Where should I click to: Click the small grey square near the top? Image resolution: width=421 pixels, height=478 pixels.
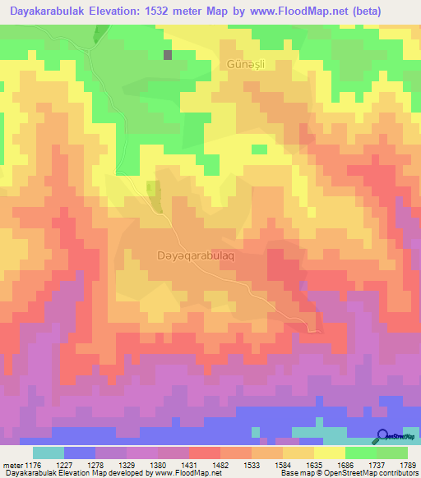169,55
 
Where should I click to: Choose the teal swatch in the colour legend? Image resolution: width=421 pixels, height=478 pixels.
49,453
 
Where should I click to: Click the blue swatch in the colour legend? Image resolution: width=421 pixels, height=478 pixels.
80,453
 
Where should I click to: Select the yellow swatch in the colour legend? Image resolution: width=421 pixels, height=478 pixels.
330,453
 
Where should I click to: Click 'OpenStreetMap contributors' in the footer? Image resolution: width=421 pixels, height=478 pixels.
375,473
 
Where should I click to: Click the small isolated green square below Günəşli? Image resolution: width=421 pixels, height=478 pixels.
260,149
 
